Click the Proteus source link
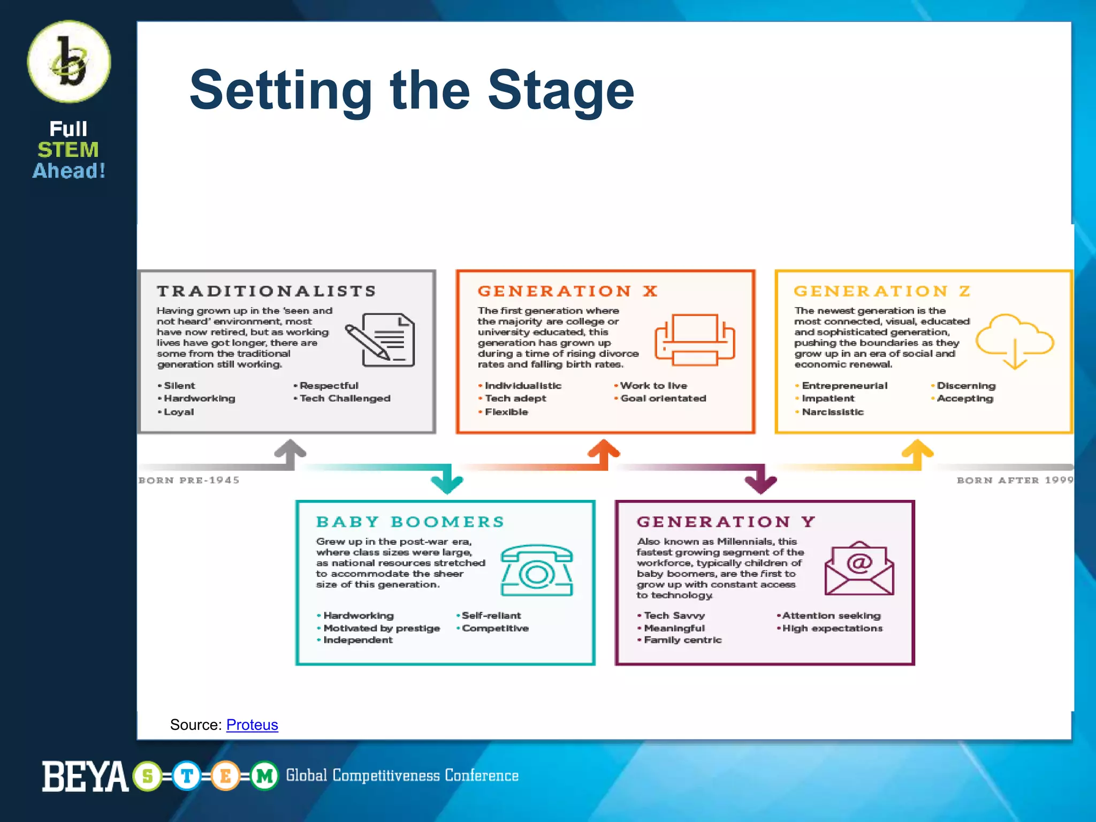click(252, 725)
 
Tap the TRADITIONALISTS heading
click(267, 291)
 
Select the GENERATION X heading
click(568, 291)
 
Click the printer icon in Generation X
click(695, 339)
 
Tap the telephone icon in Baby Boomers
click(537, 570)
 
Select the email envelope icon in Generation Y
click(859, 568)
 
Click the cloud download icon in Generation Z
click(1014, 341)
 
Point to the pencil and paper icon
click(380, 339)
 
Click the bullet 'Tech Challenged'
click(345, 398)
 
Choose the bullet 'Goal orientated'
click(663, 398)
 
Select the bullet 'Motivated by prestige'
click(381, 628)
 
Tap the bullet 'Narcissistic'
click(833, 412)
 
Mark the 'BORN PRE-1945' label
click(189, 480)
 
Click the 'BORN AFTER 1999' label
click(1015, 480)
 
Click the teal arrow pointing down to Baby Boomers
click(447, 479)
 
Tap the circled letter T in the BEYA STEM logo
click(187, 775)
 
